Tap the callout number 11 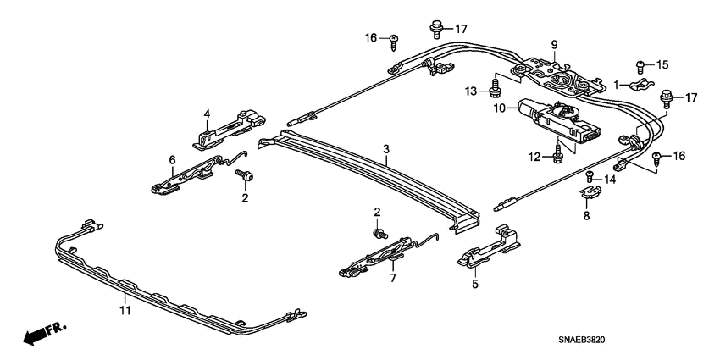click(124, 313)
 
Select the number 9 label click(554, 45)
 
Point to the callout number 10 click(501, 108)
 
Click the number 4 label click(206, 114)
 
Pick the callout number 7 click(392, 277)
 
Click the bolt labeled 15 click(640, 65)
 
